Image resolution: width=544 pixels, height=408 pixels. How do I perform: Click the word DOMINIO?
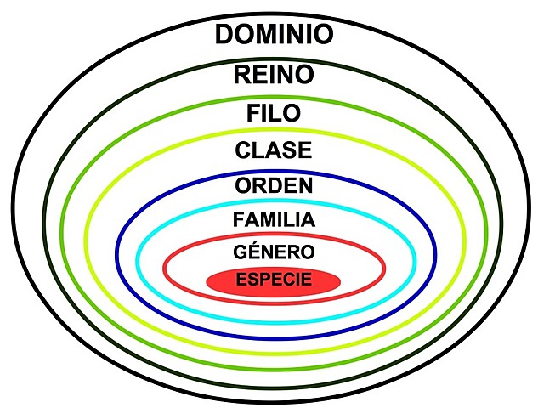[274, 35]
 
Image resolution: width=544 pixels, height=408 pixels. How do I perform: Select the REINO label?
[274, 75]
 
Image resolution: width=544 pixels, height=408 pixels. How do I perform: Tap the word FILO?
[274, 113]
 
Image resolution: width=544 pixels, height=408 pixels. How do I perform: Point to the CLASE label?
[274, 150]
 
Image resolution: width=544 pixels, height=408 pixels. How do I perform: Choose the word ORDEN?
[274, 184]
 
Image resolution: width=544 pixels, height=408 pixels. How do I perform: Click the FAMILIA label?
[274, 219]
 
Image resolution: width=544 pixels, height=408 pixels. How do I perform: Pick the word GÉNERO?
[274, 252]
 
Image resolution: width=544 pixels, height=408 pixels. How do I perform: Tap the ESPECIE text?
[274, 279]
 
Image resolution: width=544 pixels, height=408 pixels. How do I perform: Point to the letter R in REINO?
[241, 75]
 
